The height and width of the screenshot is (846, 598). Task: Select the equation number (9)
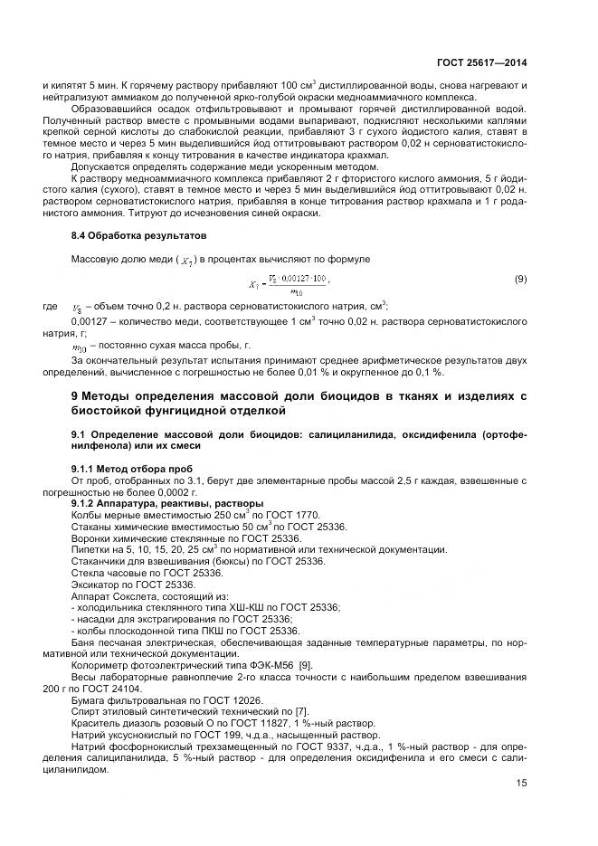(x=520, y=280)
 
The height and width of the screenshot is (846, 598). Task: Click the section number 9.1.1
(x=86, y=468)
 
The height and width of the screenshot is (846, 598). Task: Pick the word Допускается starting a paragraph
(x=100, y=166)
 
